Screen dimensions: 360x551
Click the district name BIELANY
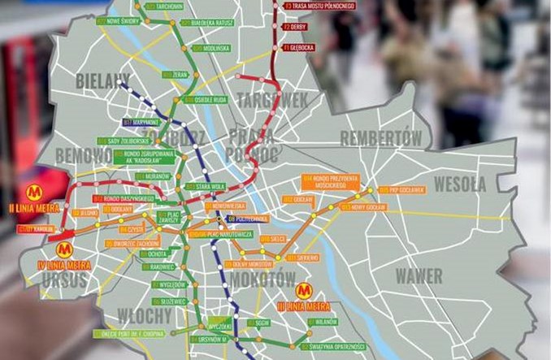[x=102, y=80]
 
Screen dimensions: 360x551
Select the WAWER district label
[x=419, y=275]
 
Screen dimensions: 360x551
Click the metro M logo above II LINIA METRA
[x=34, y=193]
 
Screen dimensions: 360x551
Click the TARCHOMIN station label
[x=167, y=6]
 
